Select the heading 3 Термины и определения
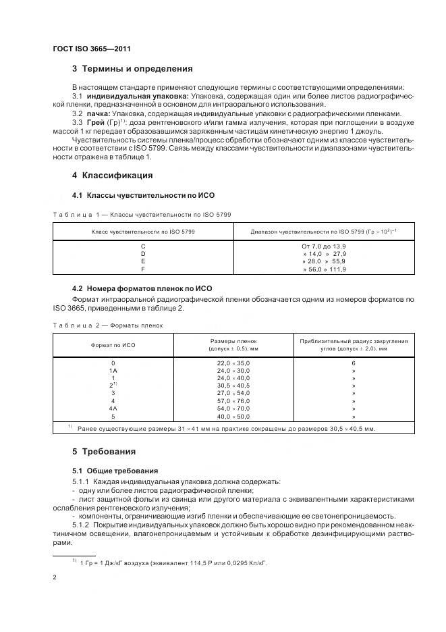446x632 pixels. (132, 69)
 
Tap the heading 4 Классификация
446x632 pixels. (112, 176)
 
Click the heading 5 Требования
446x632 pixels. (104, 451)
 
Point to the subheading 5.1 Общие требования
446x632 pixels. (115, 471)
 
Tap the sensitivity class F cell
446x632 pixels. (142, 269)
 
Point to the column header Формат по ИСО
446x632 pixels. (113, 345)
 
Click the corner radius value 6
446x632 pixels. (354, 363)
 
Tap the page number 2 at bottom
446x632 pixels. (55, 577)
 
